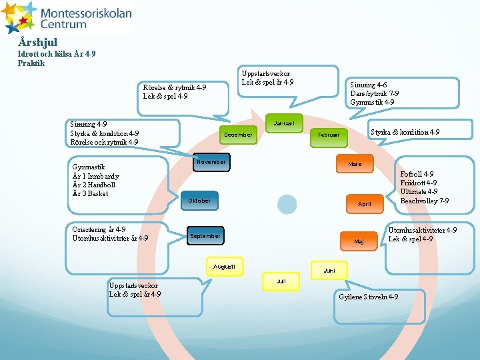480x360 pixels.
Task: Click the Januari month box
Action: coord(285,123)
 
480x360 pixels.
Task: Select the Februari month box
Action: coord(329,135)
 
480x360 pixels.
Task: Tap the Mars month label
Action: coord(355,164)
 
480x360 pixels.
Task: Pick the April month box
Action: coord(364,203)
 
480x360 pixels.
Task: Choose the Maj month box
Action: coord(359,241)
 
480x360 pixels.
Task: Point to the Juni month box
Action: coord(329,271)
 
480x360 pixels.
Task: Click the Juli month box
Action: coord(281,281)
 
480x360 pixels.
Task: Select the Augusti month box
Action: coord(224,267)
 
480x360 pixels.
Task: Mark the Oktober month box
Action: coord(199,200)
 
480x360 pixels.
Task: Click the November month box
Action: coord(211,162)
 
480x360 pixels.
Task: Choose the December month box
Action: coord(238,135)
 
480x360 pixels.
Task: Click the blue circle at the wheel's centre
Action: coord(287,204)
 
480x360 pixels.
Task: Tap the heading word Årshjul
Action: coord(39,42)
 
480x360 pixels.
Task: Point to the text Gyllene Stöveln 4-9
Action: coord(369,297)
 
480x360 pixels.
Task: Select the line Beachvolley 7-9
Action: coord(424,201)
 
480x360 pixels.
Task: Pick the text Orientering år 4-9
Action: coord(99,229)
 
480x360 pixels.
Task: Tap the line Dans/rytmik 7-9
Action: coord(374,94)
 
